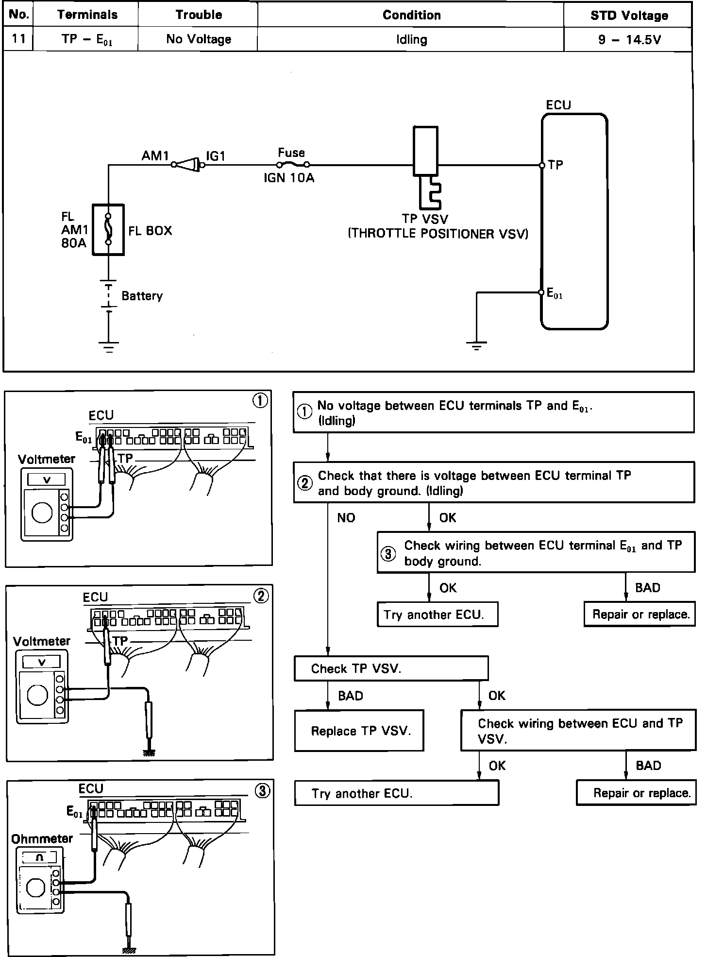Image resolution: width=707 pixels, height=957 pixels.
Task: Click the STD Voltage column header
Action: (x=629, y=16)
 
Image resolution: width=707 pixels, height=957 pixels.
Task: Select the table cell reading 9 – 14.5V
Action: (x=629, y=39)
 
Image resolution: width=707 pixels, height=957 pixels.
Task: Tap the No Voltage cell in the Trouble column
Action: (x=199, y=39)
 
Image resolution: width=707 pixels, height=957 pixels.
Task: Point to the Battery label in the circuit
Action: (x=142, y=296)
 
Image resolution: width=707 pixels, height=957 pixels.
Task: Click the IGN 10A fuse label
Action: (x=289, y=178)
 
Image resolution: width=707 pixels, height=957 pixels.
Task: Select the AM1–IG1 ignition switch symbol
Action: (x=188, y=165)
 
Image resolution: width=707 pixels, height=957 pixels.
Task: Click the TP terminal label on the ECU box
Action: (x=555, y=165)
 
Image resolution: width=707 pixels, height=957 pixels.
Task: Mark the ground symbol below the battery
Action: (x=108, y=346)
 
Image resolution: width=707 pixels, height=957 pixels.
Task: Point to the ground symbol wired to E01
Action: (x=476, y=346)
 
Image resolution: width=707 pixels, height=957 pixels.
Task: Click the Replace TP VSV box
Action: (x=359, y=731)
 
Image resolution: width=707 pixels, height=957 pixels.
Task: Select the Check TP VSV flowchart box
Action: (x=391, y=668)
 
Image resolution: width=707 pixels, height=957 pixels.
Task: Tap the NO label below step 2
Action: (x=346, y=518)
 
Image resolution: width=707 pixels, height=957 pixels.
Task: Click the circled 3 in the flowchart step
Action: (x=388, y=554)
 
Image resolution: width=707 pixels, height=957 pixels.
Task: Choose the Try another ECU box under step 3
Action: (x=438, y=615)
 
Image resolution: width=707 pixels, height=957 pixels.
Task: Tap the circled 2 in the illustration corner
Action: (x=261, y=596)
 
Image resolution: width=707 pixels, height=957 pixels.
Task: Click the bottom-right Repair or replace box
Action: (x=636, y=793)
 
